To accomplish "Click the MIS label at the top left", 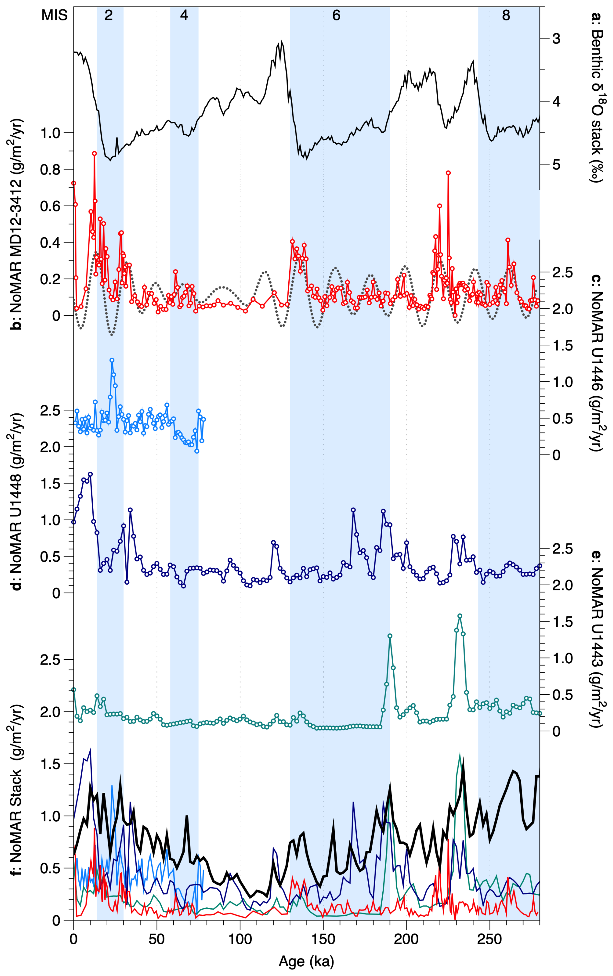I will pos(54,16).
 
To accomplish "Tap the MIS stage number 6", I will pos(336,16).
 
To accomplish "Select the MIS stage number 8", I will pos(506,16).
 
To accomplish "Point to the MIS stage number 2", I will pos(109,16).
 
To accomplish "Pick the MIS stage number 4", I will pos(184,16).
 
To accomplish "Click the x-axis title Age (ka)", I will pos(306,960).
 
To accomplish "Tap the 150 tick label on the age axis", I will pos(323,939).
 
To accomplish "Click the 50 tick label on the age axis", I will pos(156,939).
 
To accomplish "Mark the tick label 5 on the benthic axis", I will pos(556,164).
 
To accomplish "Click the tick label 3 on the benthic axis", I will pos(556,39).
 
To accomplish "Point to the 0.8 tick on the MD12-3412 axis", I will pos(50,170).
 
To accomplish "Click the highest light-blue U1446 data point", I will pos(112,360).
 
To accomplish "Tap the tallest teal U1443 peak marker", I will pos(460,616).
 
